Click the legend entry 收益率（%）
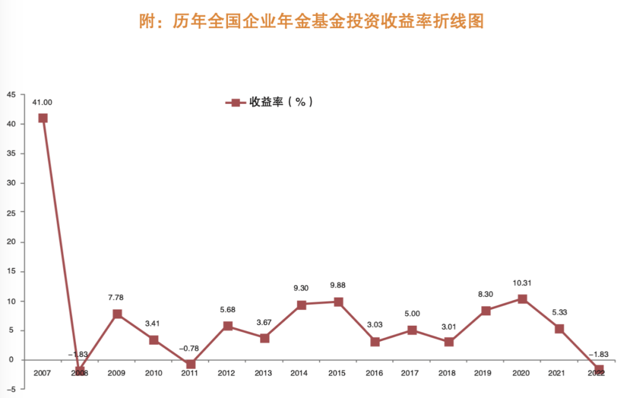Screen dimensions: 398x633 [x=270, y=102]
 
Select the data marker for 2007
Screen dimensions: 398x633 [x=43, y=118]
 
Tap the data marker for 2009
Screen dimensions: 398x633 [x=117, y=314]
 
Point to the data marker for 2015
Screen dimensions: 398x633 [x=338, y=302]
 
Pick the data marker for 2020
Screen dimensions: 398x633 [x=523, y=299]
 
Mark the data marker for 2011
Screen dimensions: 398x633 [x=190, y=364]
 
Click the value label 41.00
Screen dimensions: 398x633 [x=42, y=103]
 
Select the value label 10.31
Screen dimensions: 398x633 [x=523, y=284]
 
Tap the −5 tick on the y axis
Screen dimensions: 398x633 [x=10, y=389]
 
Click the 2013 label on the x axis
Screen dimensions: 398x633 [x=264, y=373]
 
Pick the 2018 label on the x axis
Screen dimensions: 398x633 [x=449, y=373]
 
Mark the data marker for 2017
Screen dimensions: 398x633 [x=412, y=330]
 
